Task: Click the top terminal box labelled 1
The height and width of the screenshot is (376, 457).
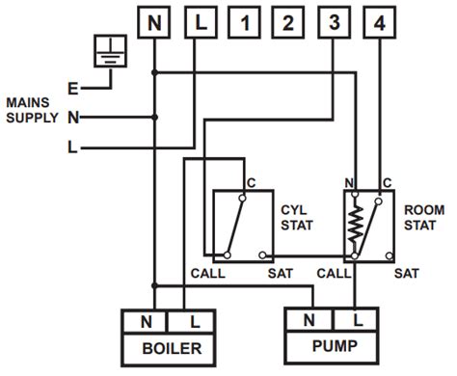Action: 244,22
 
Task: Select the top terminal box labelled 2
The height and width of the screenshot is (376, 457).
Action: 288,22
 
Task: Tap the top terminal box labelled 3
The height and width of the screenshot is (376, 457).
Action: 334,22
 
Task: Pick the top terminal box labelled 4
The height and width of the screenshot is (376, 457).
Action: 380,22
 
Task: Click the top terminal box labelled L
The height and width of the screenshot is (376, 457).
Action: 201,22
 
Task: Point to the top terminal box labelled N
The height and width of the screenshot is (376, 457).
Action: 154,22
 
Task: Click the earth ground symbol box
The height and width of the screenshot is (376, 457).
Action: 110,51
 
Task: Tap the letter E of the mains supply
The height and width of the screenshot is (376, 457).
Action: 73,89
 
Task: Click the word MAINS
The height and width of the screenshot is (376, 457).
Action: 28,102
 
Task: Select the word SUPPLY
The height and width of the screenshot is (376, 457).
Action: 32,118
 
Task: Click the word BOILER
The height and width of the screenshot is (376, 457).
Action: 172,348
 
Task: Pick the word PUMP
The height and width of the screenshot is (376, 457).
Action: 335,346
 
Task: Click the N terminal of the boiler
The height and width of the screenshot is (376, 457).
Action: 145,322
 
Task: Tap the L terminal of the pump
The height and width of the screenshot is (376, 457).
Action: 356,320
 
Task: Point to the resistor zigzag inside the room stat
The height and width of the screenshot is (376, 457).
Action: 356,224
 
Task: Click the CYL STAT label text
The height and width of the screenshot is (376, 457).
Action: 297,218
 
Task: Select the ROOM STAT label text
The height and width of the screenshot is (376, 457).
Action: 424,218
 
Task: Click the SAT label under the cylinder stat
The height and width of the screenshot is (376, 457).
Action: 281,274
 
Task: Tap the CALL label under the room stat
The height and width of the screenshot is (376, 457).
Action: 334,274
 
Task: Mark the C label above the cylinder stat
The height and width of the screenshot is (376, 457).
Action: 252,183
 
